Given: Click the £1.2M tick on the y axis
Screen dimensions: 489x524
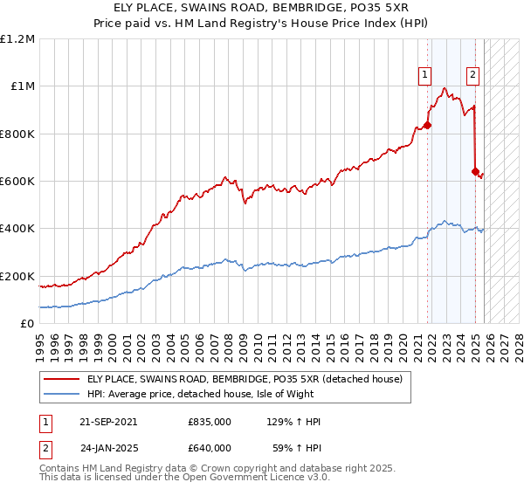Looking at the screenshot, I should click(x=17, y=39).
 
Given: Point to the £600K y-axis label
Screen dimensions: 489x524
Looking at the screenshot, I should click(x=17, y=182).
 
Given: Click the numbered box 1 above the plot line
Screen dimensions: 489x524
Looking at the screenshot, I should click(x=424, y=75).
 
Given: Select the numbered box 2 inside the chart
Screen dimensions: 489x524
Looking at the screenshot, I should click(x=472, y=75).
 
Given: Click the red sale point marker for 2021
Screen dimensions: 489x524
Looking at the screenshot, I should click(x=428, y=125).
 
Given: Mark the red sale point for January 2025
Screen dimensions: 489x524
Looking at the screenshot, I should click(x=476, y=171).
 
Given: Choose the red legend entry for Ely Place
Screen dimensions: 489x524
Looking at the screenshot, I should click(x=245, y=379).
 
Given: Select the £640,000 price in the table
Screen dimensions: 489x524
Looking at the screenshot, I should click(x=210, y=447).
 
